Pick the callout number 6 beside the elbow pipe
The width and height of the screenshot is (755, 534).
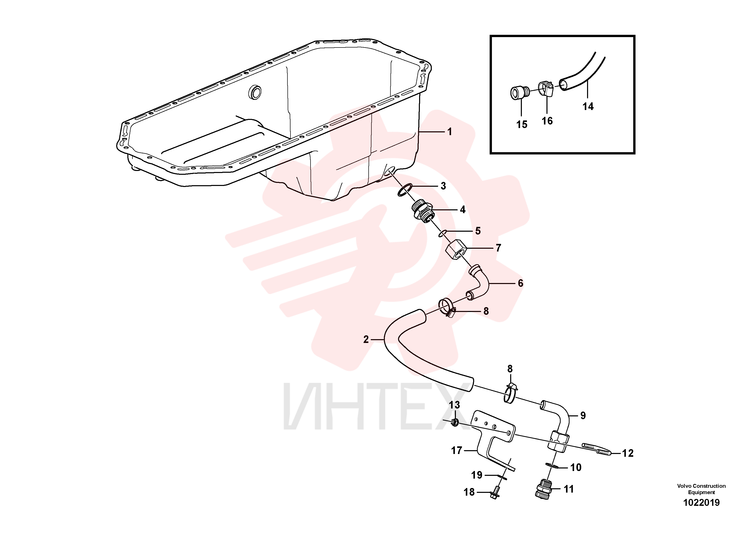521,283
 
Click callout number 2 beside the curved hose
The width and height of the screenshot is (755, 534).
366,339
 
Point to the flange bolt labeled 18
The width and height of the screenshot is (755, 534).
494,493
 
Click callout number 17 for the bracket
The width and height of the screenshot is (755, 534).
457,450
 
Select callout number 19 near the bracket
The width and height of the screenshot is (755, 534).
476,475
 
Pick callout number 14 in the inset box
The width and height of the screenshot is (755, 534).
588,106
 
